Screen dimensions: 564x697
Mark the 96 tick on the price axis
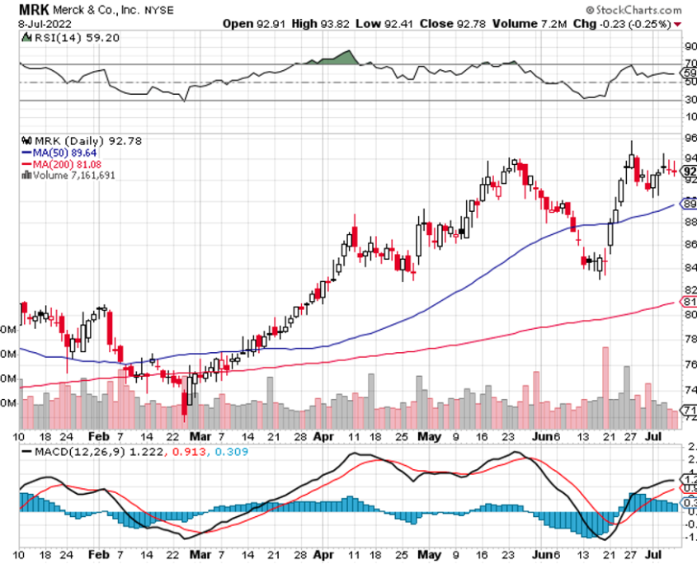pos(690,138)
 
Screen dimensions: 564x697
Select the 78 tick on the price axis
pos(690,340)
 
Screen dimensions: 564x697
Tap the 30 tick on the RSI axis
pos(690,101)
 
